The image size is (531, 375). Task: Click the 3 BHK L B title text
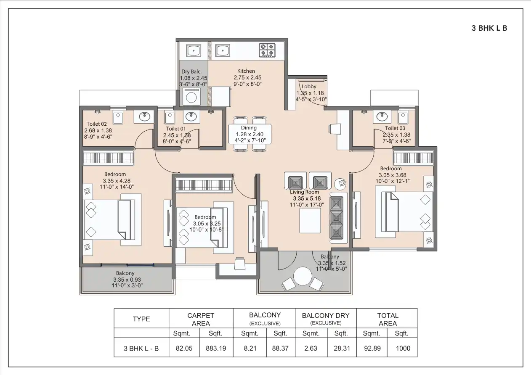(489, 29)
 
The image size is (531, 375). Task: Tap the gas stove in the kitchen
(267, 50)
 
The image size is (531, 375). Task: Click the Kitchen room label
(246, 71)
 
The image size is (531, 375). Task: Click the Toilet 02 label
(96, 124)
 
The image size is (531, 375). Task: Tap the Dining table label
(249, 128)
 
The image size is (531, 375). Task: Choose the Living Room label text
(306, 192)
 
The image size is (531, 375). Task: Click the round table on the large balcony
(302, 277)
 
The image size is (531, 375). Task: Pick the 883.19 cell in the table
(216, 349)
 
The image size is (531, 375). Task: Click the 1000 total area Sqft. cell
(402, 349)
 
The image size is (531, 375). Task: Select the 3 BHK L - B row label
(141, 349)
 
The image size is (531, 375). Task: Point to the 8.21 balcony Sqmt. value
(250, 349)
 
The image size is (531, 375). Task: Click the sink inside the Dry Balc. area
(193, 51)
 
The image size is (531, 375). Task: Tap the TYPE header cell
(141, 319)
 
